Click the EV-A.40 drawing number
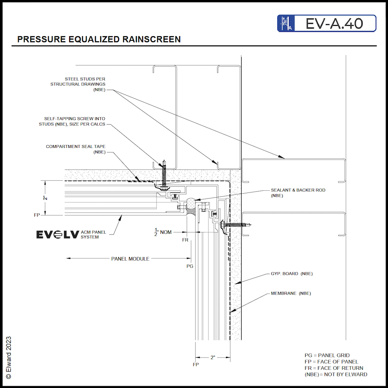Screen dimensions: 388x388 pyautogui.click(x=334, y=23)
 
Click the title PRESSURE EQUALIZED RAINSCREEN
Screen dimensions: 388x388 pyautogui.click(x=99, y=39)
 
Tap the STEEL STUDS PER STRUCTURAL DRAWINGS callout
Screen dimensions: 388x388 pyautogui.click(x=78, y=84)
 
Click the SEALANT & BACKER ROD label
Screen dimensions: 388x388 pyautogui.click(x=298, y=192)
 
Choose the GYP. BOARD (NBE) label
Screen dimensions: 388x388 pyautogui.click(x=291, y=274)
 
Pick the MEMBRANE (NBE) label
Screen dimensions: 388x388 pyautogui.click(x=291, y=293)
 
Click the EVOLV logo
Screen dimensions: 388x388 pyautogui.click(x=57, y=234)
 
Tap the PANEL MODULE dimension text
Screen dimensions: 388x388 pyautogui.click(x=130, y=259)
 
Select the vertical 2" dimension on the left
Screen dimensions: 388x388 pyautogui.click(x=46, y=198)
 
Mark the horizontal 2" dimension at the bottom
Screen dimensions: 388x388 pyautogui.click(x=213, y=358)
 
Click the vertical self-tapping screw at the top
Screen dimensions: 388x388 pyautogui.click(x=164, y=175)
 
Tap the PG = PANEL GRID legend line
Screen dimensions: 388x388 pyautogui.click(x=327, y=355)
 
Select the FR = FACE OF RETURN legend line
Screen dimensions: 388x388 pyautogui.click(x=333, y=368)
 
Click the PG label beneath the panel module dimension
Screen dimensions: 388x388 pyautogui.click(x=190, y=266)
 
